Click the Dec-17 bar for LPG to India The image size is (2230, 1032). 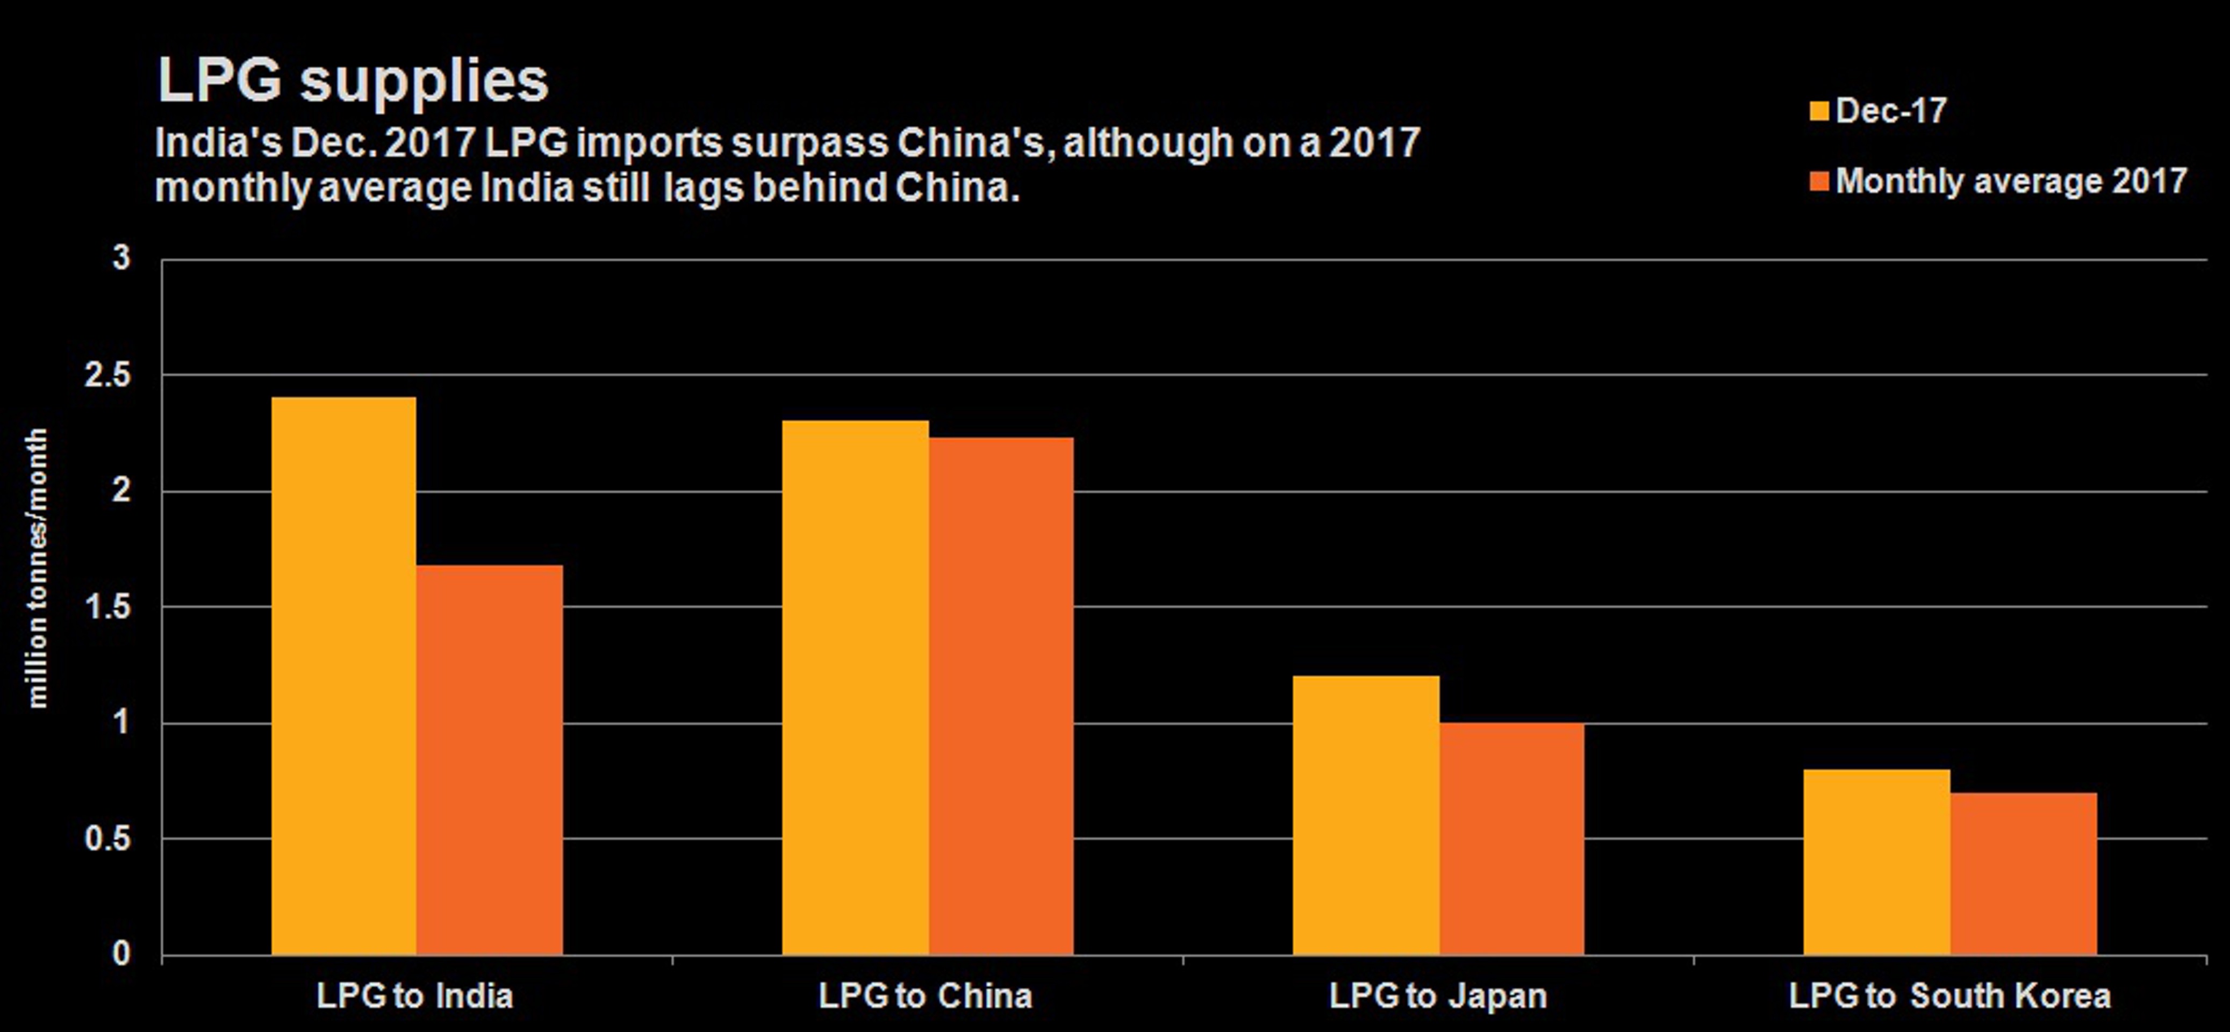coord(343,675)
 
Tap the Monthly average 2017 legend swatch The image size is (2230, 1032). coord(1819,182)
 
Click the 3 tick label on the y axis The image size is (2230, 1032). coord(121,258)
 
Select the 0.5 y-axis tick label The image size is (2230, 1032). coord(108,839)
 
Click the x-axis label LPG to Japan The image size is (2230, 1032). coord(1437,997)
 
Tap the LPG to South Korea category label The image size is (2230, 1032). coord(1949,997)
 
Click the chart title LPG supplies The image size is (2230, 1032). coord(353,81)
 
